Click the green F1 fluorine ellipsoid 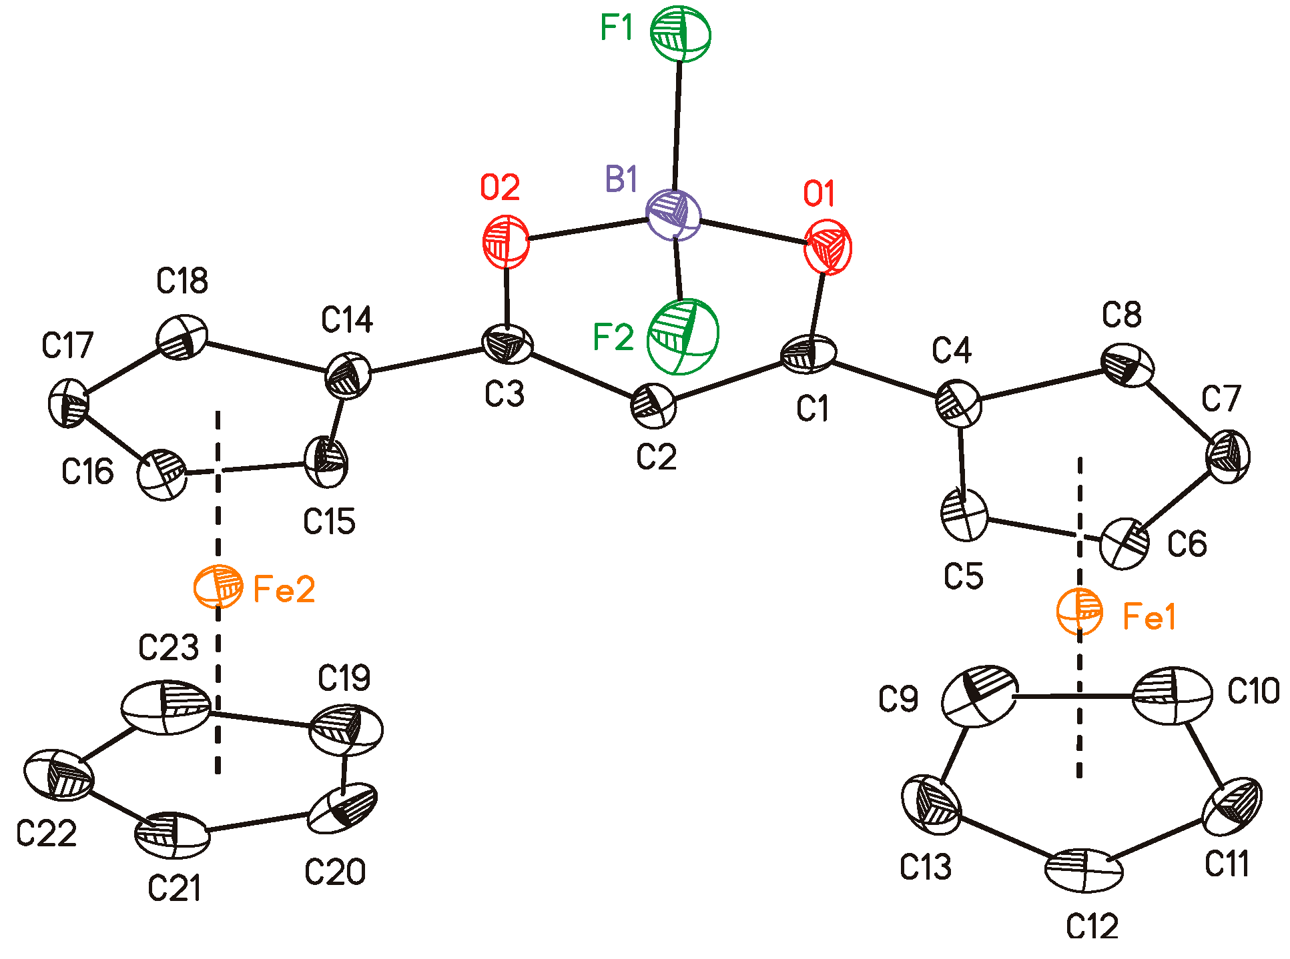click(681, 33)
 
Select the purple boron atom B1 click(674, 215)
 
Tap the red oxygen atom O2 click(507, 241)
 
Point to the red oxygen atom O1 click(828, 248)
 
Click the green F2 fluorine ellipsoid click(683, 336)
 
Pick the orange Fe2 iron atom click(218, 586)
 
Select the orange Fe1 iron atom click(1080, 612)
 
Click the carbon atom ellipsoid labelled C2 click(654, 405)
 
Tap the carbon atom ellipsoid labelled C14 click(347, 375)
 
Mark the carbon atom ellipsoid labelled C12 click(1084, 870)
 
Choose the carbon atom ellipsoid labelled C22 click(59, 775)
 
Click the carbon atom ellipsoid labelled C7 click(1228, 456)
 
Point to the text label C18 click(182, 281)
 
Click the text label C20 click(335, 872)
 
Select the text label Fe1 click(1149, 616)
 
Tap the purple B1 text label click(621, 180)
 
